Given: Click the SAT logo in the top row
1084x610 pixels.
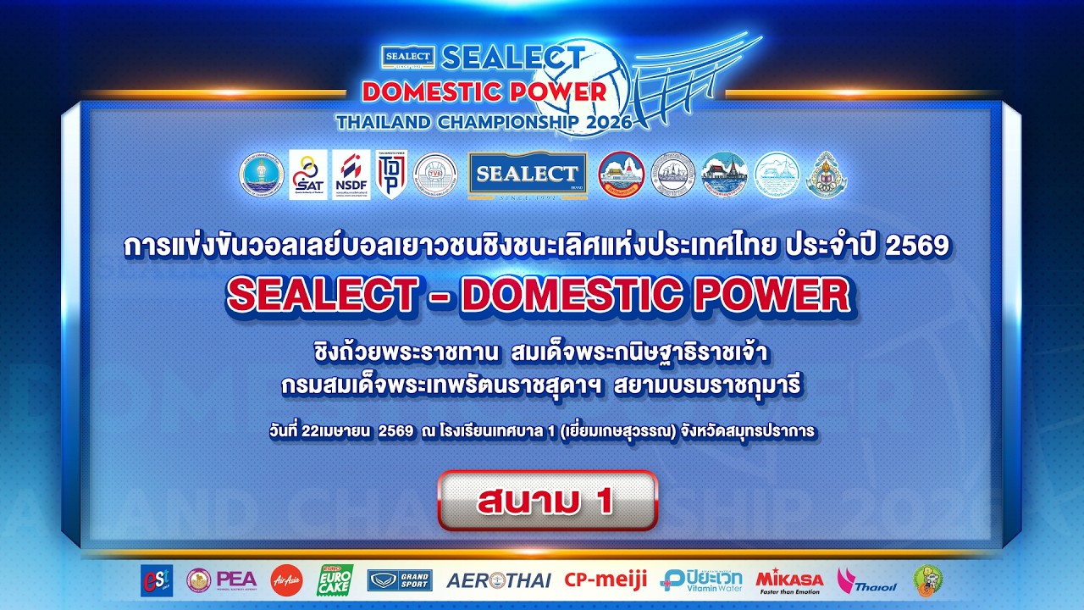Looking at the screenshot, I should [x=307, y=175].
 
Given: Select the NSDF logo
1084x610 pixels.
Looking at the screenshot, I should [x=351, y=175].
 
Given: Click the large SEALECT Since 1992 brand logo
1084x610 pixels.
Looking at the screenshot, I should [x=527, y=175].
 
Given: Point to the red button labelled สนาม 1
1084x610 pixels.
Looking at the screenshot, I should [x=547, y=501].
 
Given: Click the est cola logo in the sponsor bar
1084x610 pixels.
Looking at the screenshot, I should [x=157, y=580].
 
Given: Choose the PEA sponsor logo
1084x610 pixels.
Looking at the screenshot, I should [x=222, y=579].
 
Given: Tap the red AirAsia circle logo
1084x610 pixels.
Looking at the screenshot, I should [x=286, y=580].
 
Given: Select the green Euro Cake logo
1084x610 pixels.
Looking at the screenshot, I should [x=335, y=580].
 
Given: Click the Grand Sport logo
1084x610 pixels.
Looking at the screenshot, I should [x=400, y=580].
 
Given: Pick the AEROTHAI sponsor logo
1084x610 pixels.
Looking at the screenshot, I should [x=498, y=580].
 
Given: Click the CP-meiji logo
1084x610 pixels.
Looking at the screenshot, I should [x=606, y=579].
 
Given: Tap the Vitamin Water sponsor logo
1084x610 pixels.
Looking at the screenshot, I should [x=701, y=580].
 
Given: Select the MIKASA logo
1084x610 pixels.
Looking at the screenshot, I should [x=789, y=580].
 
